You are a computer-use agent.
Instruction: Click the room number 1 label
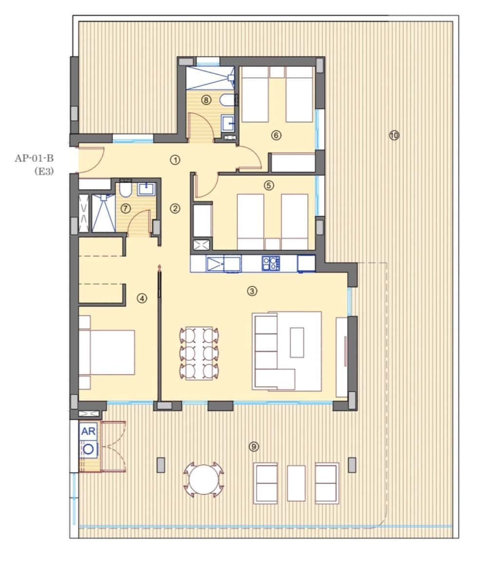coord(175,159)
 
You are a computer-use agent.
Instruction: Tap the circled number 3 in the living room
coord(252,292)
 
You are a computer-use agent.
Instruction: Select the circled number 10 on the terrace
coord(394,136)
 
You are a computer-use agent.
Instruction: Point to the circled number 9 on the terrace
coord(253,446)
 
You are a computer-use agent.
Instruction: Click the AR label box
coord(89,431)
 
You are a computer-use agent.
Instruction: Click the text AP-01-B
coord(34,158)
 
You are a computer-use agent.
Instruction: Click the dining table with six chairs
coord(199,353)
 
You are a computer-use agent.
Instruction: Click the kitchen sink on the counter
coord(223,264)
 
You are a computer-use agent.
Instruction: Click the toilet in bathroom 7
coord(126,190)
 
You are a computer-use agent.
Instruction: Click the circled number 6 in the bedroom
coord(276,136)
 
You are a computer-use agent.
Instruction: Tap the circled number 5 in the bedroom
coord(268,185)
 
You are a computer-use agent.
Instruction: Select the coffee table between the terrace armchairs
coord(296,483)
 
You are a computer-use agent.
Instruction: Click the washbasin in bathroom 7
coord(146,189)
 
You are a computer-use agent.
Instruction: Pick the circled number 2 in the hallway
coord(175,209)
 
